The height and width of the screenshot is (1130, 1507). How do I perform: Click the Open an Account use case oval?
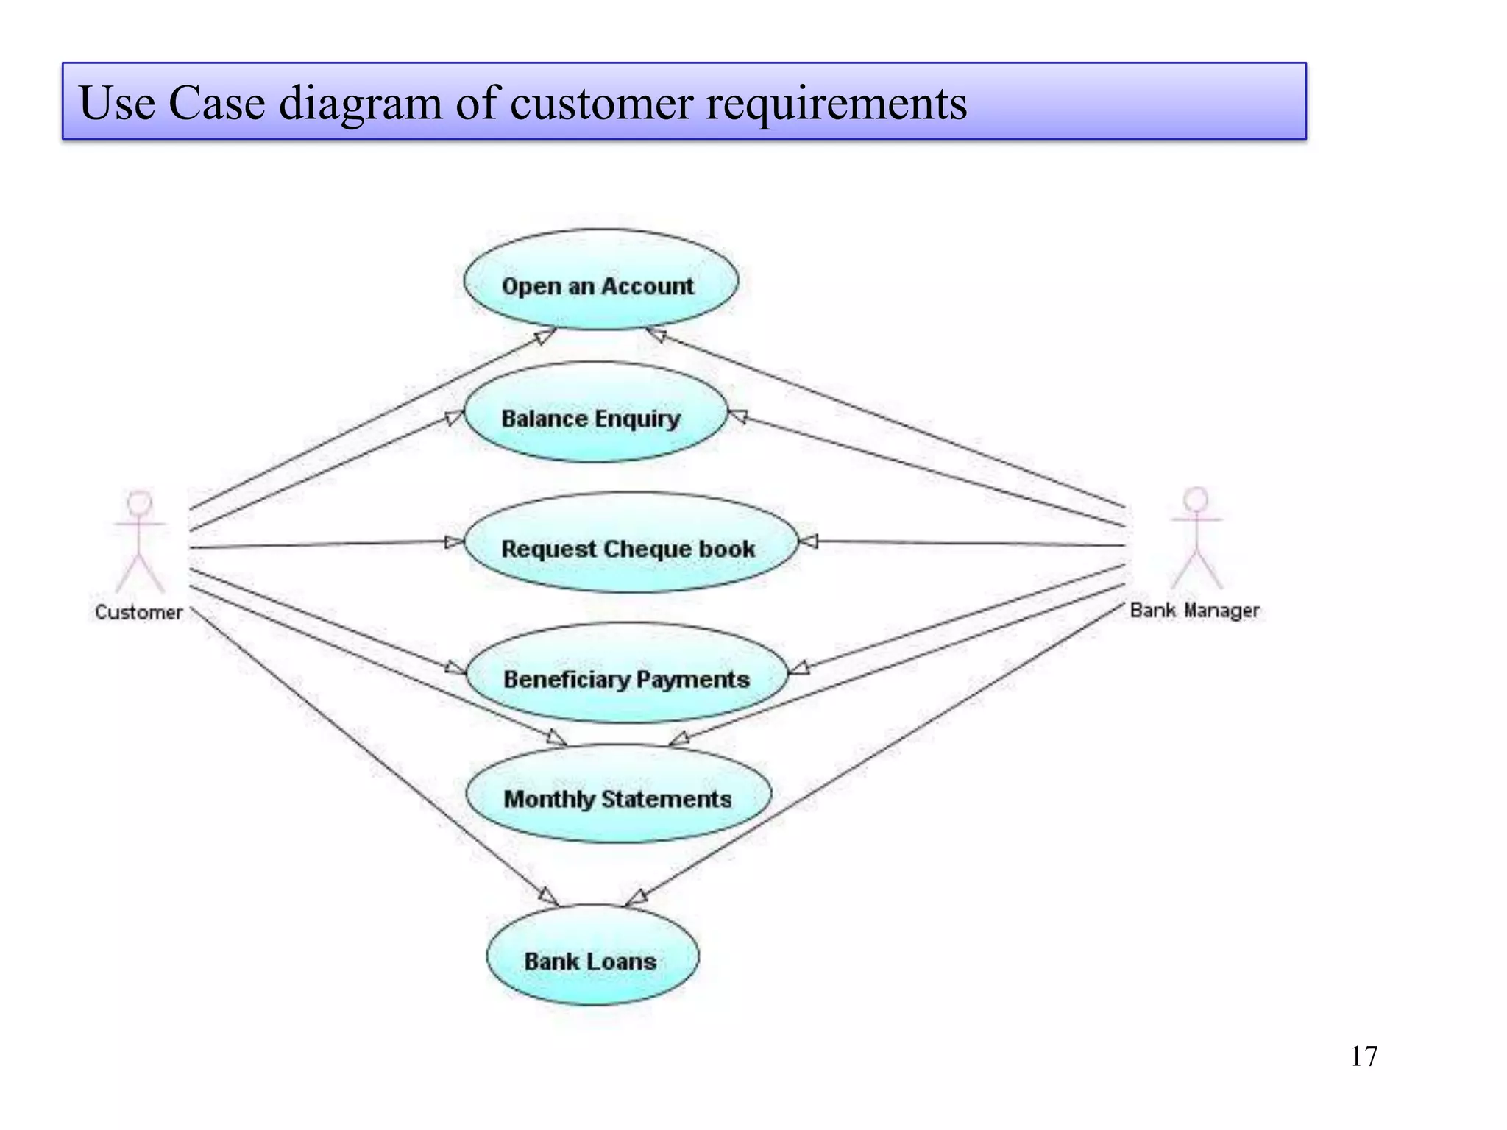point(600,280)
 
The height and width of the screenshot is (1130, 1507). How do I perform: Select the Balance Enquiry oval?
point(595,412)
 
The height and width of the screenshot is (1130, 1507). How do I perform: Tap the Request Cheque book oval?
point(631,542)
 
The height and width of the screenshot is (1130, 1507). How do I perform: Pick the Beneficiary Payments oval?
point(627,673)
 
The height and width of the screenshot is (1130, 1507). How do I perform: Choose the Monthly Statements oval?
point(619,793)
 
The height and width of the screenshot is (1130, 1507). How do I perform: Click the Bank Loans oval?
point(593,955)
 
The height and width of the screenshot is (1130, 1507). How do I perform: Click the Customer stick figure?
point(139,541)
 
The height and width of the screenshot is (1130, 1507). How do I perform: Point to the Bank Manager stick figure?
point(1196,538)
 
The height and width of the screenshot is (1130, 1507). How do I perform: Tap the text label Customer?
point(138,612)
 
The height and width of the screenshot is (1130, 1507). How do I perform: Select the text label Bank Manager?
point(1195,611)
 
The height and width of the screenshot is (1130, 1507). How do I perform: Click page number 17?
point(1364,1056)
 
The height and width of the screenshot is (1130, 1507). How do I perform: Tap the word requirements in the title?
point(836,104)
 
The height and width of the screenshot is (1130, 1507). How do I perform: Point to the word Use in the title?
point(117,103)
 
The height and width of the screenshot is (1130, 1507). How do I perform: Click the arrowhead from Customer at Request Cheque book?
point(455,542)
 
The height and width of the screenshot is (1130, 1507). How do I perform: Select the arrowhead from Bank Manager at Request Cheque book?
point(808,542)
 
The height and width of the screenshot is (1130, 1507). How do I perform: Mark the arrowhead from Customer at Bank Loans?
point(549,896)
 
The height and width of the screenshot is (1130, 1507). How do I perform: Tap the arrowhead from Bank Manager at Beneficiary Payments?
point(798,668)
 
